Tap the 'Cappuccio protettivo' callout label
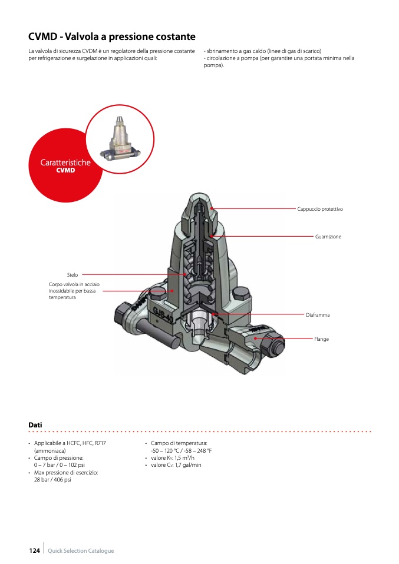tap(320, 209)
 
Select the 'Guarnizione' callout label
tap(328, 237)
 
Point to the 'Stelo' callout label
tap(72, 275)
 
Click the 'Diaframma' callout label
tap(318, 315)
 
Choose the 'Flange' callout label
tap(321, 339)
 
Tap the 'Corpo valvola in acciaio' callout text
tap(74, 284)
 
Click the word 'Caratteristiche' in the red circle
tap(65, 162)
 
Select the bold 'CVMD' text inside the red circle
tap(65, 171)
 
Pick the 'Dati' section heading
tap(35, 424)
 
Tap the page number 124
tap(35, 550)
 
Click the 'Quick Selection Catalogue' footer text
tap(81, 551)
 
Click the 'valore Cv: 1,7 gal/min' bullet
tap(176, 465)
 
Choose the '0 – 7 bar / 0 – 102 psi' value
tap(59, 465)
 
